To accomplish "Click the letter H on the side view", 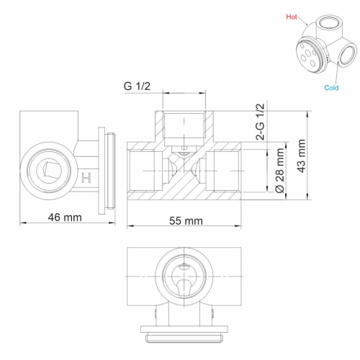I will tap(87, 177).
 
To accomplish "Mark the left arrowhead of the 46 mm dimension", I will tap(22, 222).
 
